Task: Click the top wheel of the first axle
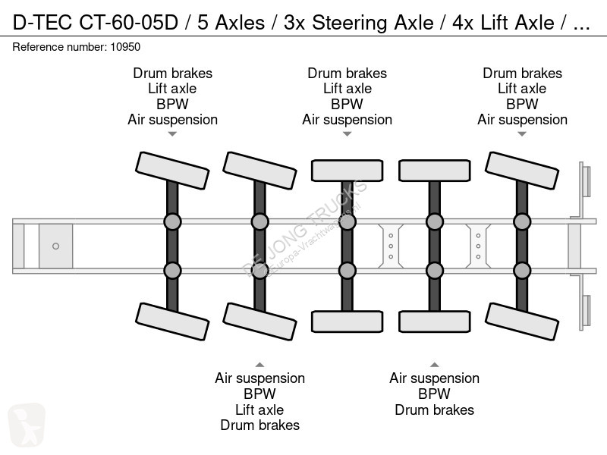[x=172, y=171]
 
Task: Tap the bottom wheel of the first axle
[x=172, y=321]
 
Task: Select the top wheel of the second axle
[x=259, y=171]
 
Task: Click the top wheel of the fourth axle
[x=434, y=171]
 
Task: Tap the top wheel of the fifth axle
[x=522, y=171]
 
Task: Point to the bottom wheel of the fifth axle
[x=522, y=321]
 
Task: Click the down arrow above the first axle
[x=172, y=134]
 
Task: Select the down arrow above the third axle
[x=347, y=134]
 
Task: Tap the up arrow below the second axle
[x=259, y=363]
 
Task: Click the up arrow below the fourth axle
[x=434, y=363]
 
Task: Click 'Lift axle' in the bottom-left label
[x=259, y=409]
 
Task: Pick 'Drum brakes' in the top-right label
[x=522, y=74]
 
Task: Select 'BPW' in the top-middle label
[x=347, y=104]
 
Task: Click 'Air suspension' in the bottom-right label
[x=434, y=378]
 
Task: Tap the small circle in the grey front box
[x=55, y=246]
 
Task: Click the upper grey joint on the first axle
[x=172, y=222]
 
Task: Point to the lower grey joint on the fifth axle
[x=522, y=270]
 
